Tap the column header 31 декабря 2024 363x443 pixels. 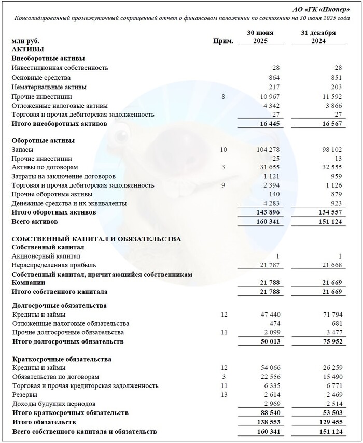tap(318, 37)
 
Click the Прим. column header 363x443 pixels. tap(223, 41)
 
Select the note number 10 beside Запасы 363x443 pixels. tap(223, 149)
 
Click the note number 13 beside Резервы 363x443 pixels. tap(223, 395)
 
